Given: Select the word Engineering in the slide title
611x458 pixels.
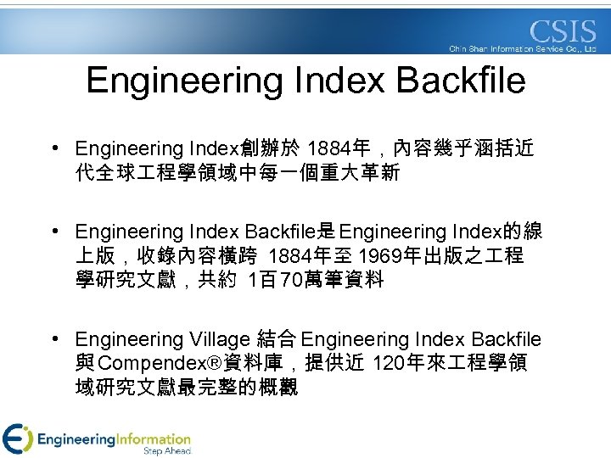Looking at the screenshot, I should [184, 81].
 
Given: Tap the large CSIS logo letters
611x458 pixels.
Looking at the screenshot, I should [563, 32].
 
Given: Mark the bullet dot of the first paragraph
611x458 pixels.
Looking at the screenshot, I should [53, 149].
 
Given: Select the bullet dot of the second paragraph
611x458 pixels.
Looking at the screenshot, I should [53, 232].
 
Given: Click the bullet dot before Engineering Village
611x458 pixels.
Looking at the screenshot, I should [53, 340].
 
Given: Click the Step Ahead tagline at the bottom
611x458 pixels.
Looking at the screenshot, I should [166, 450].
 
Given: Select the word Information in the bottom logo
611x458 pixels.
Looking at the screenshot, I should [154, 438].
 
